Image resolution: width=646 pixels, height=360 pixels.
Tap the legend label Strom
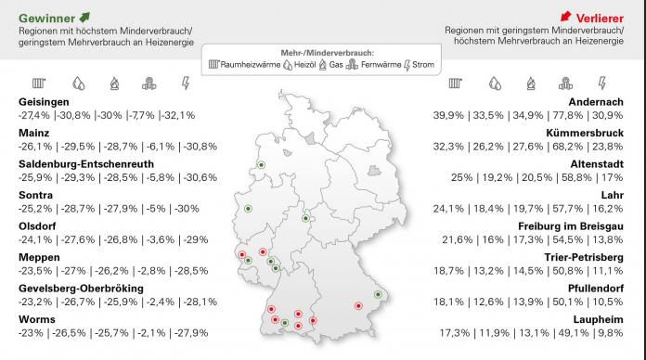click(x=421, y=66)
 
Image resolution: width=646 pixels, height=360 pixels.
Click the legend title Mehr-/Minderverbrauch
click(x=322, y=52)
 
